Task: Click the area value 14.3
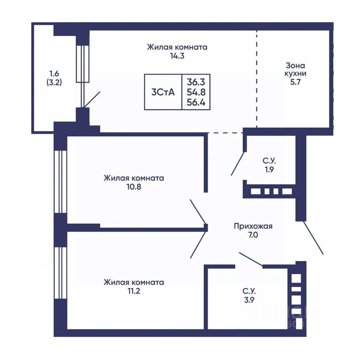(x=177, y=56)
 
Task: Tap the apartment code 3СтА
(x=163, y=92)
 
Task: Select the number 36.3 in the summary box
(x=196, y=82)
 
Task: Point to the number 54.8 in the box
(x=196, y=92)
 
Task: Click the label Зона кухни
(x=295, y=69)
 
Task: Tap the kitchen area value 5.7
(x=295, y=82)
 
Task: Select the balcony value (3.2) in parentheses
(x=54, y=82)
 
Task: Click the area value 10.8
(x=133, y=187)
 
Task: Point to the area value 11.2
(x=134, y=291)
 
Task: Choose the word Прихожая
(x=253, y=226)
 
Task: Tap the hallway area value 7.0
(x=253, y=235)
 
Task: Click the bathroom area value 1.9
(x=269, y=169)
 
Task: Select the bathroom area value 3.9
(x=249, y=300)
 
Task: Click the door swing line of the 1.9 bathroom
(x=238, y=163)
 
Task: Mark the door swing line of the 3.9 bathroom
(x=251, y=259)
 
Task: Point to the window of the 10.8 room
(x=60, y=181)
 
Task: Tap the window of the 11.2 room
(x=60, y=273)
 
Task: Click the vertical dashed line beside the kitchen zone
(x=256, y=79)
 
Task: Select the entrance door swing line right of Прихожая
(x=313, y=238)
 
